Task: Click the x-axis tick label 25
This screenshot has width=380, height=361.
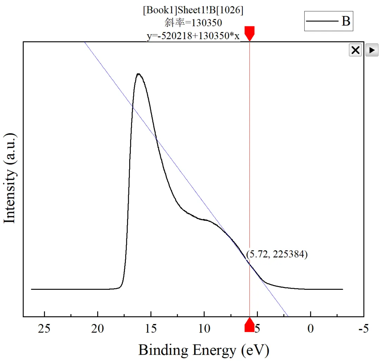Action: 45,329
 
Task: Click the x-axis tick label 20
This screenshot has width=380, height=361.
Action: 98,329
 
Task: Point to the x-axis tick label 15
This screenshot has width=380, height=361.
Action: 151,329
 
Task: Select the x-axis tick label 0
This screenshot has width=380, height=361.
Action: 310,329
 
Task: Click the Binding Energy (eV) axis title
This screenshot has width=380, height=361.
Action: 204,350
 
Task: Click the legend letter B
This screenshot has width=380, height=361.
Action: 346,21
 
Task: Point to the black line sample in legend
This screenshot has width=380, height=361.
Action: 322,22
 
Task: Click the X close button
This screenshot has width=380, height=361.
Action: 355,50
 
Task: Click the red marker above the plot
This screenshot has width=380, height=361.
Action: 249,33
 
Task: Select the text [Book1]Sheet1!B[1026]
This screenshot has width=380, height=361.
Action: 193,11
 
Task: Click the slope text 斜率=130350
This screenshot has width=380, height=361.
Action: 193,23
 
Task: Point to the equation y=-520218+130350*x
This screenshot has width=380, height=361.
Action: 193,36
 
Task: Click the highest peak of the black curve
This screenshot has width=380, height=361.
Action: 139,74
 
